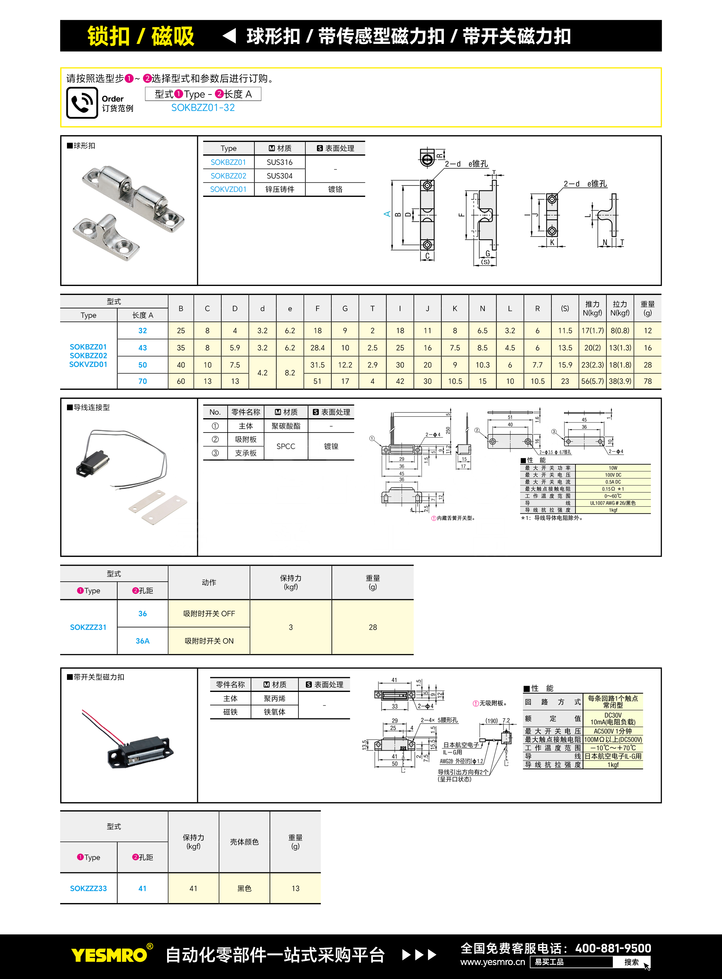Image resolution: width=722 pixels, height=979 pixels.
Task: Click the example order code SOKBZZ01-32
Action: coord(203,108)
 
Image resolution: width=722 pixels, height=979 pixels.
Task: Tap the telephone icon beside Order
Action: coord(82,103)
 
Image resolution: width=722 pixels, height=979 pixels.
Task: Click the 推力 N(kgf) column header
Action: coord(592,308)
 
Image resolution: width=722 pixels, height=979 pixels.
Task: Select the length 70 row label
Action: coord(142,381)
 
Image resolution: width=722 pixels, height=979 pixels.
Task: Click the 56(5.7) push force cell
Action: coord(592,381)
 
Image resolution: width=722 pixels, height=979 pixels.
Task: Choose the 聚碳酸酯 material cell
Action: coord(286,426)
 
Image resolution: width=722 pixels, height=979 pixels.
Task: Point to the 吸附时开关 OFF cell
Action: coord(209,613)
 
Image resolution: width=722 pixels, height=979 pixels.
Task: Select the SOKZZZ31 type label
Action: coord(88,627)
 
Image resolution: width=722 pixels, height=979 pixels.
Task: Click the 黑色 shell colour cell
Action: coord(244,889)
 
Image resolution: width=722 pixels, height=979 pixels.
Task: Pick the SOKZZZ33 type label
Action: coord(88,889)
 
